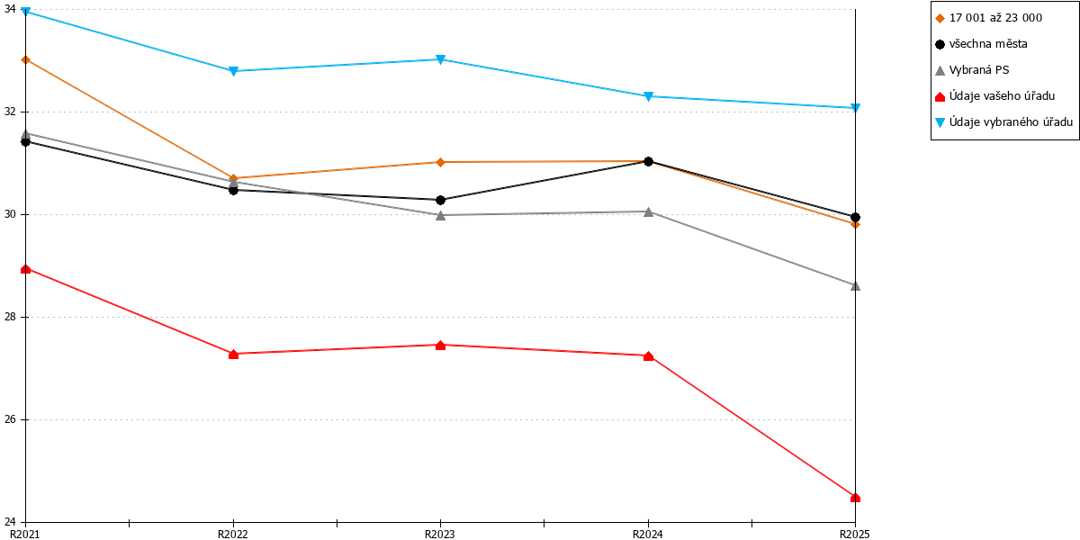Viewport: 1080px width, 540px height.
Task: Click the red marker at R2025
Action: pos(855,498)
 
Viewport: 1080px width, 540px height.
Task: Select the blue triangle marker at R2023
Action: pos(440,59)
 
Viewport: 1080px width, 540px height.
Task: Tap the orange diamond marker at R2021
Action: pos(25,59)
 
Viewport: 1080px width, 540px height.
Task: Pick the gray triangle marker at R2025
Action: pos(855,286)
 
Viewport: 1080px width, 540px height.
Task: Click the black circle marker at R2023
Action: pos(440,200)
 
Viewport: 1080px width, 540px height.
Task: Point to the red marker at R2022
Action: pos(233,355)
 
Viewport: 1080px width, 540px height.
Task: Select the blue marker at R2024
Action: pos(649,96)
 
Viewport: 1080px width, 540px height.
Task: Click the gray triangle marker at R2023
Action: pos(440,215)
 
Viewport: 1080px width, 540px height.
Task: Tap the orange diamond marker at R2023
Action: pos(440,162)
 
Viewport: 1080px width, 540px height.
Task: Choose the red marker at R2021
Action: pos(25,269)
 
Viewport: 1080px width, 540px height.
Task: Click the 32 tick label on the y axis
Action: pos(10,112)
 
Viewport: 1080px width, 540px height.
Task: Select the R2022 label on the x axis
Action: pos(233,535)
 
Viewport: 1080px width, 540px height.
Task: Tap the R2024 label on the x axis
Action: pos(647,535)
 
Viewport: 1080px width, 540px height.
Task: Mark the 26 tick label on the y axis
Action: pos(10,419)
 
